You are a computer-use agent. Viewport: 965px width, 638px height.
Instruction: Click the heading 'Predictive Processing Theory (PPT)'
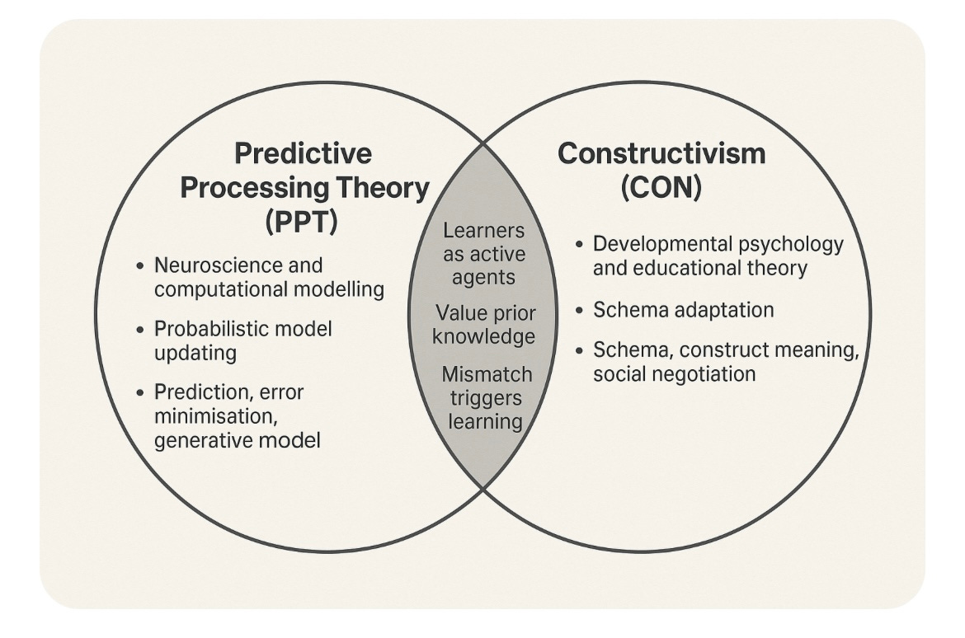pyautogui.click(x=304, y=188)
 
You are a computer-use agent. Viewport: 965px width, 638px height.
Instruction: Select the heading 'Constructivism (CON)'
pyautogui.click(x=661, y=171)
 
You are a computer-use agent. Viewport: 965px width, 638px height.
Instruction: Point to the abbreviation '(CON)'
pyautogui.click(x=661, y=188)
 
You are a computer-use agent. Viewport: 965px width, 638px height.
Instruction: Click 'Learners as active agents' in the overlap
pyautogui.click(x=483, y=253)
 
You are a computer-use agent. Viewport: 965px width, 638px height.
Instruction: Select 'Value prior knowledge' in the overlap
pyautogui.click(x=483, y=325)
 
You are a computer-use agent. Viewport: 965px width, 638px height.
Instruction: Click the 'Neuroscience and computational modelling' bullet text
pyautogui.click(x=269, y=278)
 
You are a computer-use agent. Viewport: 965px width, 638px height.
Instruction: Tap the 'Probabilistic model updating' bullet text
pyautogui.click(x=242, y=340)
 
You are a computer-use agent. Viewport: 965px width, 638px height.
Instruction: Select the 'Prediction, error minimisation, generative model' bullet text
pyautogui.click(x=238, y=416)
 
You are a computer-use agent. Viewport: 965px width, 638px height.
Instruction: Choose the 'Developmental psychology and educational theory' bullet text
pyautogui.click(x=717, y=256)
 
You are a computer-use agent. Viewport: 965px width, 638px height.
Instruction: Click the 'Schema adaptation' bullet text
pyautogui.click(x=683, y=310)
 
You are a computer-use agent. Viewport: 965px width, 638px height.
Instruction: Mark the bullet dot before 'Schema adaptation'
pyautogui.click(x=581, y=310)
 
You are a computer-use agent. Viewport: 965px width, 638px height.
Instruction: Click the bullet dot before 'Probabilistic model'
pyautogui.click(x=141, y=329)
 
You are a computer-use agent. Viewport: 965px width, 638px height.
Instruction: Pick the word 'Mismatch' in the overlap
pyautogui.click(x=487, y=375)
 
